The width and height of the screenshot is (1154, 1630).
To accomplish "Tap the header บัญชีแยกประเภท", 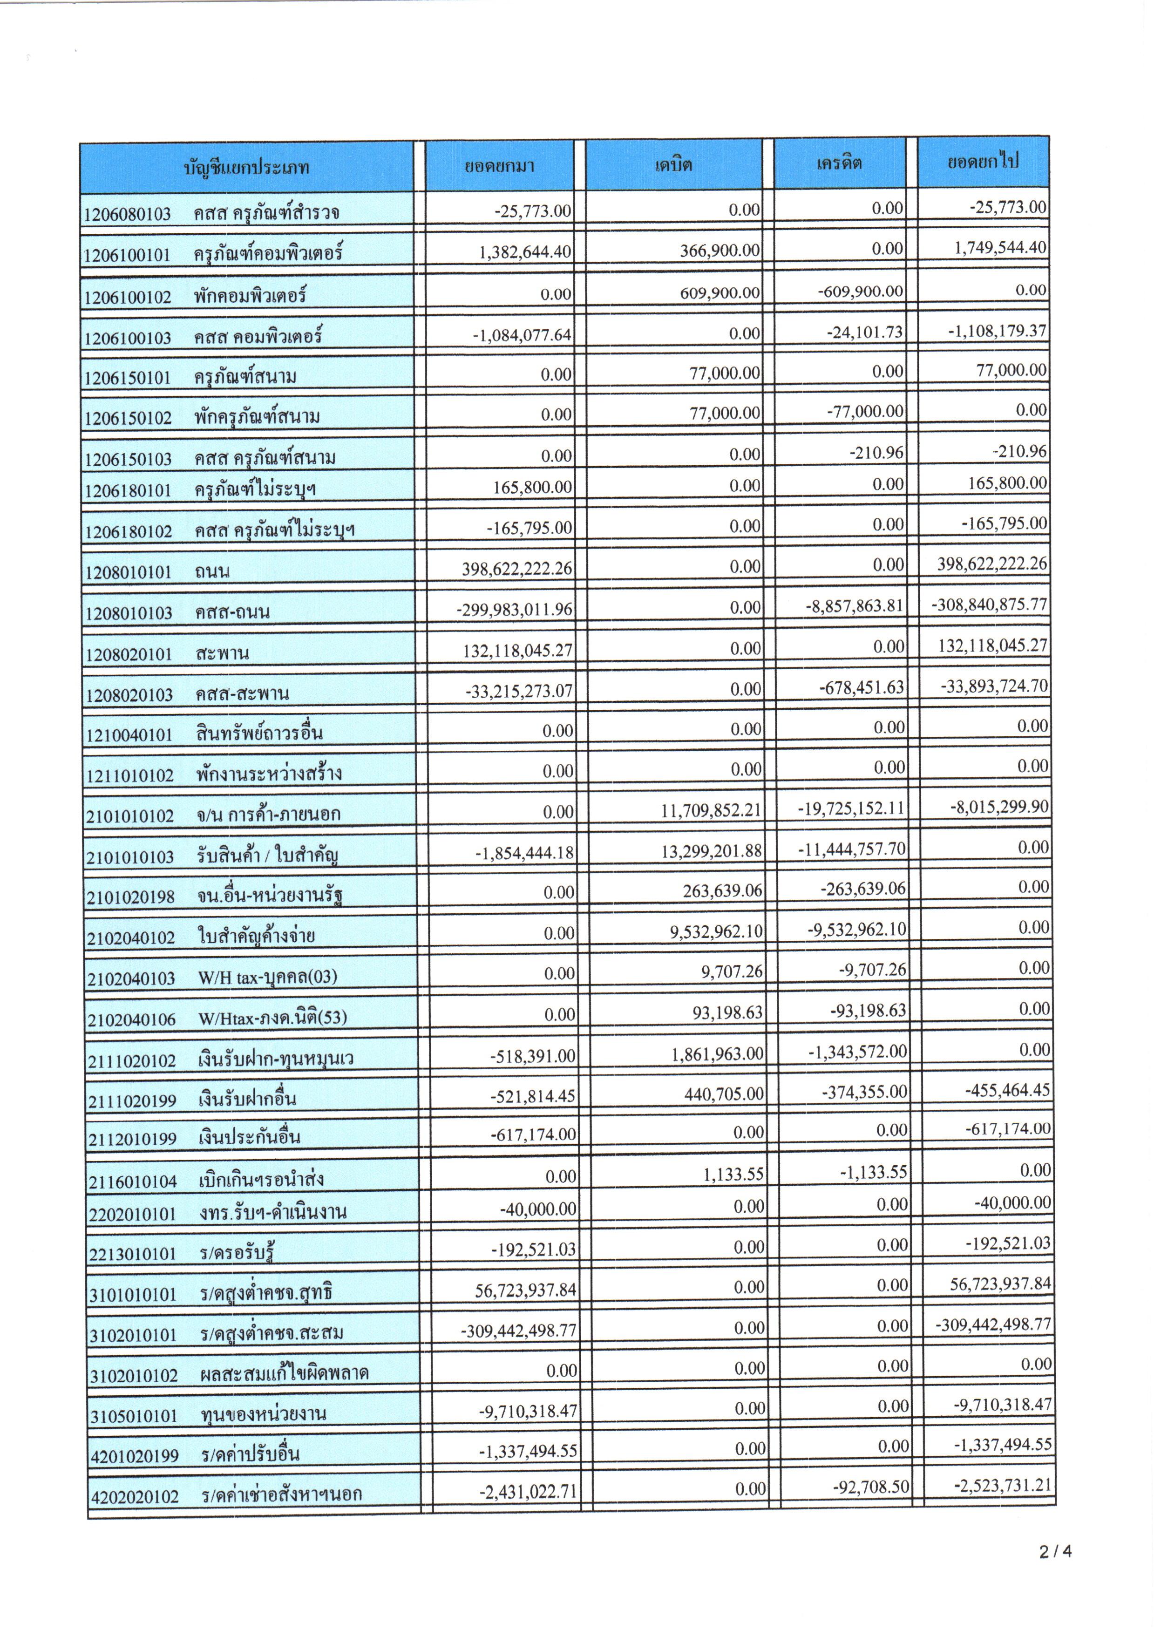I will [246, 169].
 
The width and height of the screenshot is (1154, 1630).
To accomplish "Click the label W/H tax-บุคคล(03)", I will [267, 978].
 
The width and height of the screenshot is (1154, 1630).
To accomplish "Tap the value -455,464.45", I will [1008, 1090].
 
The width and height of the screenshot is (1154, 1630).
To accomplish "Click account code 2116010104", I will [133, 1182].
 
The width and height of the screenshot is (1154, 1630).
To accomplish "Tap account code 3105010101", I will [134, 1415].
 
